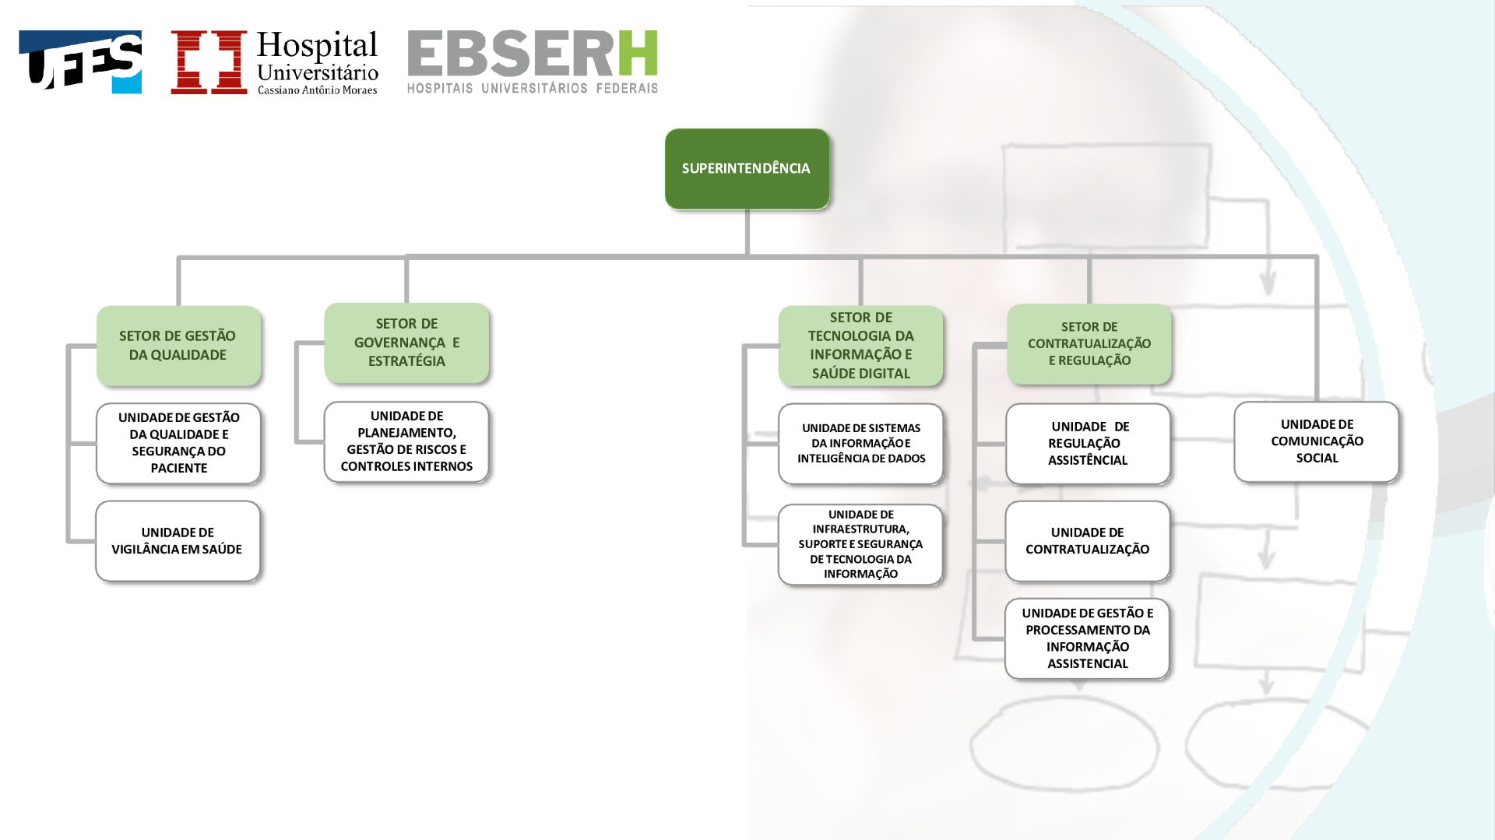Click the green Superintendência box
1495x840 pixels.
[x=747, y=169]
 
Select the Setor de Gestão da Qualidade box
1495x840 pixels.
[x=178, y=346]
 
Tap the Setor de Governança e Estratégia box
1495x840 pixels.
[x=406, y=343]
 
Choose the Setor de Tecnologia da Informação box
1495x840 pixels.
[x=860, y=346]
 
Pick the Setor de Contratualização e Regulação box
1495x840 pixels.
[x=1089, y=344]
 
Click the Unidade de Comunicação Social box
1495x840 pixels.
[x=1317, y=441]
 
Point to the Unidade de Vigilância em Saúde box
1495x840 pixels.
[x=178, y=541]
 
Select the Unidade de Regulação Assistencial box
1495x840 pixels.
[x=1088, y=444]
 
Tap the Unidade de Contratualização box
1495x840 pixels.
[x=1088, y=541]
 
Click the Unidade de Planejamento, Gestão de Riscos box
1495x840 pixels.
[x=406, y=441]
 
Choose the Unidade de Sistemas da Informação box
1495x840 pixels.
[x=860, y=444]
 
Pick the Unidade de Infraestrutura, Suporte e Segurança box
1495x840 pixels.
[x=860, y=544]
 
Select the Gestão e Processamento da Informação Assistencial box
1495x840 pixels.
[x=1087, y=638]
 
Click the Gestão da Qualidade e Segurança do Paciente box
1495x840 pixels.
[x=178, y=444]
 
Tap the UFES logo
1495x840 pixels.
[x=80, y=62]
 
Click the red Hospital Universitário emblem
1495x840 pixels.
[x=209, y=62]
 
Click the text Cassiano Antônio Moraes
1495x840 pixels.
[x=317, y=90]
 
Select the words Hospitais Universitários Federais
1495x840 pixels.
[x=533, y=88]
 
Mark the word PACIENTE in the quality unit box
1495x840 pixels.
[x=179, y=468]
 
